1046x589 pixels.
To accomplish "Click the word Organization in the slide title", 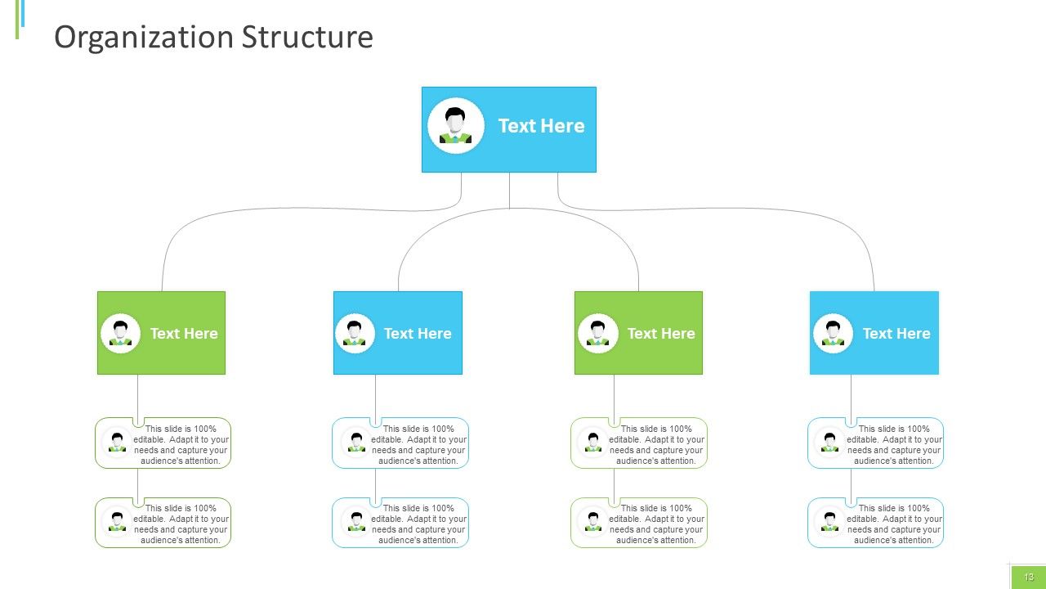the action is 144,38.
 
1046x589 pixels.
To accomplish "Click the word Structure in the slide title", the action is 308,37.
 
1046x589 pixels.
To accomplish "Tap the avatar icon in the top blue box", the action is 456,125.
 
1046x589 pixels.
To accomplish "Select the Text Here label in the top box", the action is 541,126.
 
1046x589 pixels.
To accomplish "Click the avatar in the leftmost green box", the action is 120,333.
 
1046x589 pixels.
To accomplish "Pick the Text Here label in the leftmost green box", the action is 184,333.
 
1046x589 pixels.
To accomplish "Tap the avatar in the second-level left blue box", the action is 355,333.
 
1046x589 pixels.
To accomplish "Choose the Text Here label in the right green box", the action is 661,333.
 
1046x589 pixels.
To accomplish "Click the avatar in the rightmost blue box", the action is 833,333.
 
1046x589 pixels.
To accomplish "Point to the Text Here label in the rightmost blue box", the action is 896,333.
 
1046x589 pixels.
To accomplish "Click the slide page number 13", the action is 1029,577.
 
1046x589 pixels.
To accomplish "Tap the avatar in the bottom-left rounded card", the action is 117,521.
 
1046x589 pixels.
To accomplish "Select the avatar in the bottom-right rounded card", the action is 829,521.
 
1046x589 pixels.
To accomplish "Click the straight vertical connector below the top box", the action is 509,191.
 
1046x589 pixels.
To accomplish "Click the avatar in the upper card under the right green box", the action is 593,442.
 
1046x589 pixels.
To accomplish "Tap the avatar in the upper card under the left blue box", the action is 356,442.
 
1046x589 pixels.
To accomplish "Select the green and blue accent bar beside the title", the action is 20,19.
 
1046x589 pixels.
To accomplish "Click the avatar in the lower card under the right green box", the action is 593,521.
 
